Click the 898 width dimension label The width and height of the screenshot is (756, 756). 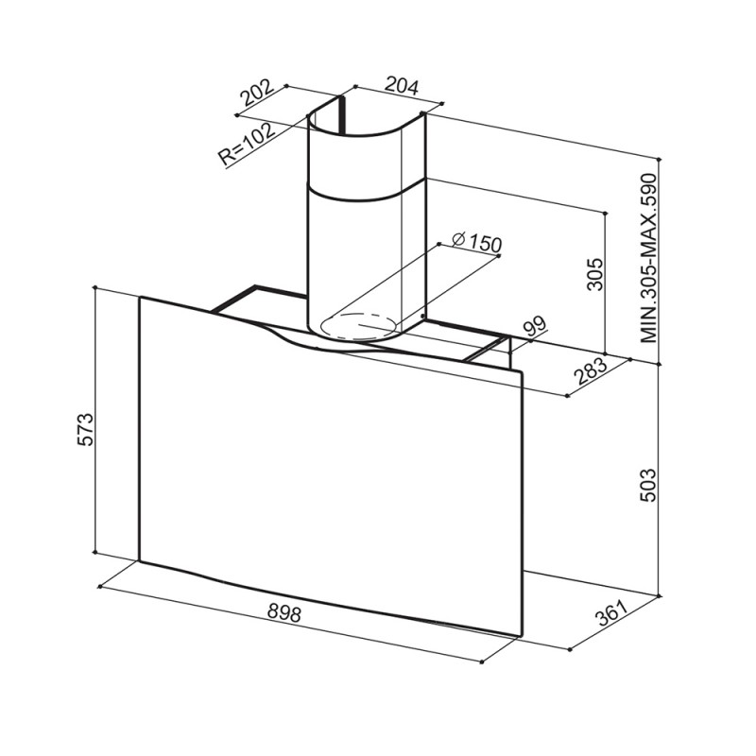point(284,613)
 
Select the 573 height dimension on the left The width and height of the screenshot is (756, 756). point(85,429)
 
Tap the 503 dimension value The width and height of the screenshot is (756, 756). point(648,485)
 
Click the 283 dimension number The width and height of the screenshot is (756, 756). point(592,370)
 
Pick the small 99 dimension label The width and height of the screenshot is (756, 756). point(535,328)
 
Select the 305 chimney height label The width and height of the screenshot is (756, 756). point(595,274)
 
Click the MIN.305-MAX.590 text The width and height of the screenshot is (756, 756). point(649,258)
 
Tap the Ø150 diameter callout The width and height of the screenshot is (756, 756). point(476,242)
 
